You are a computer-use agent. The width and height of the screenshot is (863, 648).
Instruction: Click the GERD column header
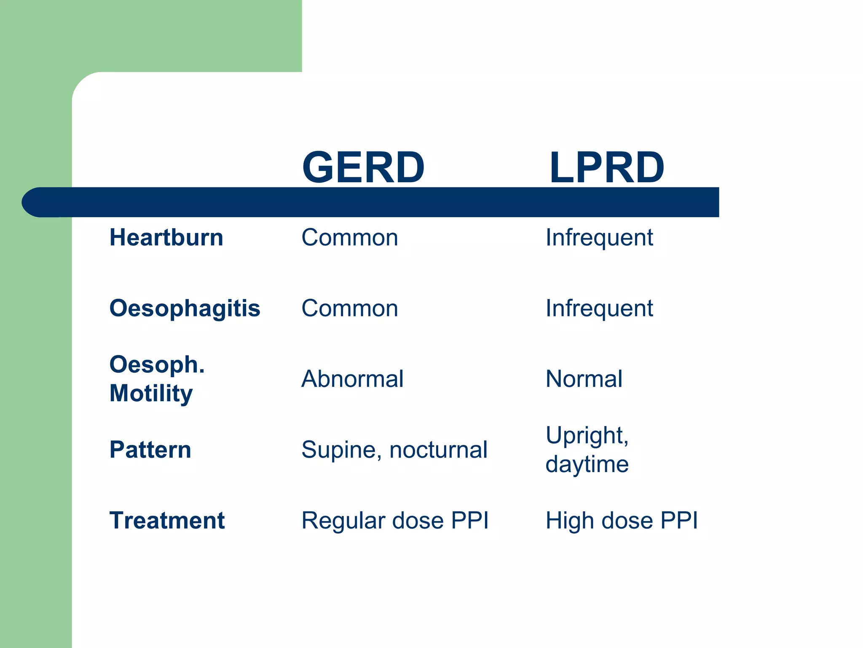[363, 167]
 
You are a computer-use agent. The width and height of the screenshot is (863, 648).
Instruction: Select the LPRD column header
[606, 167]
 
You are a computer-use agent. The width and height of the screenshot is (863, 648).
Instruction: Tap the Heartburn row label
[166, 237]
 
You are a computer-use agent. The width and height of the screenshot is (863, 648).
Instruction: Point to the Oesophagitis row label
[185, 308]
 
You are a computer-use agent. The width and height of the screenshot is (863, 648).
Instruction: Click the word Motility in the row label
[151, 393]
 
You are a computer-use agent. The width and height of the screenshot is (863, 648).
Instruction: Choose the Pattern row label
[150, 449]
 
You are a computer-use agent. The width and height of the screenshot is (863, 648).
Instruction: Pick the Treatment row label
[167, 520]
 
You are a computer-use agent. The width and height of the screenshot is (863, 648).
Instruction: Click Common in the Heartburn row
[349, 237]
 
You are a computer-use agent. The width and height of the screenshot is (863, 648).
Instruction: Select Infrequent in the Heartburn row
[599, 237]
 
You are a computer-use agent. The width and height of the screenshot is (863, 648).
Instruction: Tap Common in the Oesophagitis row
[349, 308]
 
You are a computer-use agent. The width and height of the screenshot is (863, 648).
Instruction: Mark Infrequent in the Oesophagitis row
[599, 308]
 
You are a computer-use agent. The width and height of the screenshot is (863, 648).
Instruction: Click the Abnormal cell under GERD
[352, 378]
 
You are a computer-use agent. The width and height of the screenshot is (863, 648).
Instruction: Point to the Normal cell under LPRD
[584, 378]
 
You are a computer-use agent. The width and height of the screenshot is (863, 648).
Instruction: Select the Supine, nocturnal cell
[394, 449]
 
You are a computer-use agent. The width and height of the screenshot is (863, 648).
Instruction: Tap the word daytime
[587, 464]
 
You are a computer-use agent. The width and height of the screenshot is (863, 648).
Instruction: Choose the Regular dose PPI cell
[395, 520]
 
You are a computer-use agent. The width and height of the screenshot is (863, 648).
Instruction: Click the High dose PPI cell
[622, 520]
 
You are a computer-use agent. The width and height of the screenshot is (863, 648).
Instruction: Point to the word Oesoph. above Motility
[157, 364]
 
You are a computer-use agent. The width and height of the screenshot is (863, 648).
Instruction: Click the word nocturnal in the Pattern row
[438, 449]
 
